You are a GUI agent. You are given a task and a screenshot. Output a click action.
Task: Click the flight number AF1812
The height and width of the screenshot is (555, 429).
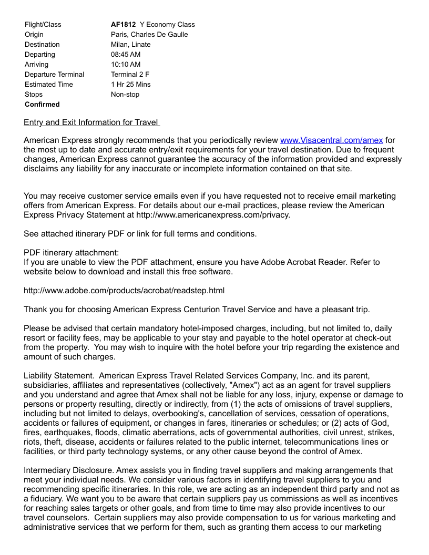pyautogui.click(x=124, y=25)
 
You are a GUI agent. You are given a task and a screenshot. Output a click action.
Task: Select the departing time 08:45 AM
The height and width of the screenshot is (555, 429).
pyautogui.click(x=126, y=55)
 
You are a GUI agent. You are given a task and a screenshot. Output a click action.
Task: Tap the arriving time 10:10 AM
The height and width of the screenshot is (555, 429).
pyautogui.click(x=126, y=65)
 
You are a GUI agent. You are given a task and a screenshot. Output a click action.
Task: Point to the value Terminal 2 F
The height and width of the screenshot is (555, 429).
pyautogui.click(x=130, y=75)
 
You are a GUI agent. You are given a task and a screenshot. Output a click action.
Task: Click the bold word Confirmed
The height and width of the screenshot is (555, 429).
pyautogui.click(x=42, y=105)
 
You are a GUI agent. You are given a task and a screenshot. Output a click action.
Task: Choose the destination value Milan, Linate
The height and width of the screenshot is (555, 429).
pyautogui.click(x=130, y=45)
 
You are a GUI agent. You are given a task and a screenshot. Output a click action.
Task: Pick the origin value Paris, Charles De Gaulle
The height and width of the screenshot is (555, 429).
pyautogui.click(x=149, y=35)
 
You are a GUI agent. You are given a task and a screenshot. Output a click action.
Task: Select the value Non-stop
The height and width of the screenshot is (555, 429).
pyautogui.click(x=125, y=95)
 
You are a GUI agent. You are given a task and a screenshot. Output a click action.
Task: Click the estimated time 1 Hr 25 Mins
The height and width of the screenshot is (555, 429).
pyautogui.click(x=130, y=85)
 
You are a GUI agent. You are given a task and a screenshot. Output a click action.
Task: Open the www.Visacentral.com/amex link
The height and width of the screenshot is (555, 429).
pyautogui.click(x=331, y=140)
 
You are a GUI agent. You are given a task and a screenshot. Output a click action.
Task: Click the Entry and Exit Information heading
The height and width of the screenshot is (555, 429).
pyautogui.click(x=91, y=122)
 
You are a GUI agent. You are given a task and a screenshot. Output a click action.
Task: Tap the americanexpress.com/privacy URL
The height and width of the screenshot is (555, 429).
pyautogui.click(x=213, y=215)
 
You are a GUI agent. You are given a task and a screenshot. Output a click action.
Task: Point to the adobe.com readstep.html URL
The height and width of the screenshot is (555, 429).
pyautogui.click(x=124, y=291)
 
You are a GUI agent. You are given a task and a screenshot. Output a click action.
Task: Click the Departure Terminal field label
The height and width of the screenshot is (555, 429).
pyautogui.click(x=54, y=75)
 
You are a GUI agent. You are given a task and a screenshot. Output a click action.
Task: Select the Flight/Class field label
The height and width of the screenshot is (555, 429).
pyautogui.click(x=43, y=25)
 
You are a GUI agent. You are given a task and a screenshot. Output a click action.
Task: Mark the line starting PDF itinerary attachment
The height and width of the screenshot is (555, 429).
pyautogui.click(x=71, y=253)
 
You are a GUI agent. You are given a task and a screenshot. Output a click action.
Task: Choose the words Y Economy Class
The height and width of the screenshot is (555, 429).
pyautogui.click(x=167, y=25)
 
